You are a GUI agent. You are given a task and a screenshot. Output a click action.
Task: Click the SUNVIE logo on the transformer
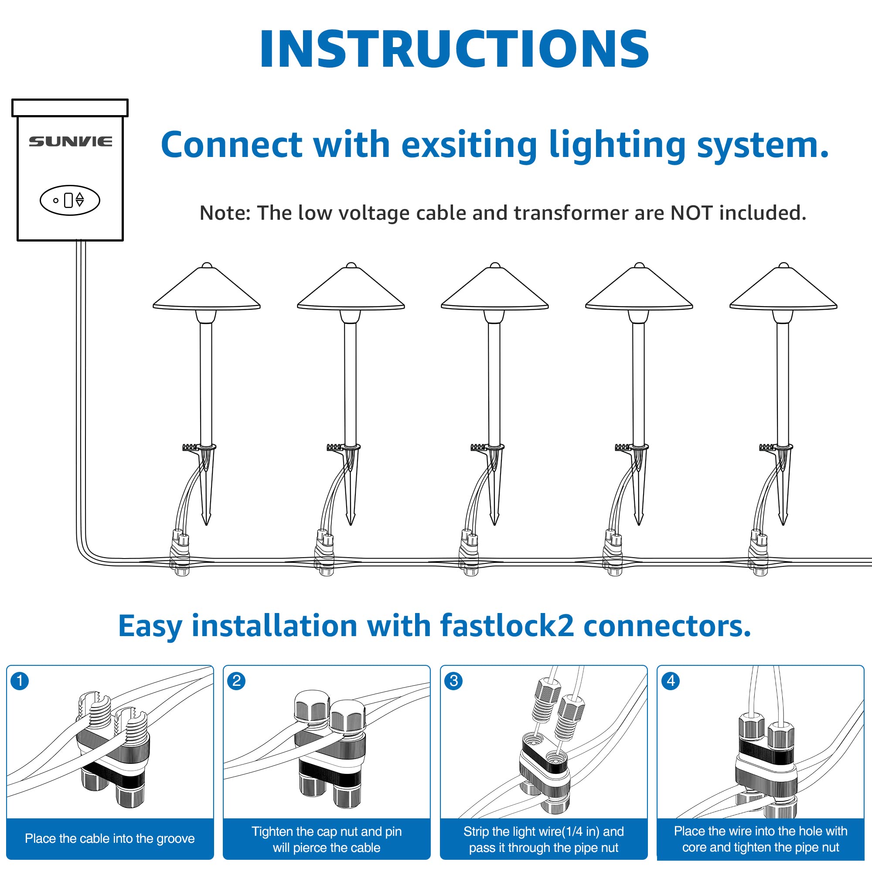pyautogui.click(x=70, y=142)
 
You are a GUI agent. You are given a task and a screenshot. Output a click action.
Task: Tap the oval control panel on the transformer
pyautogui.click(x=70, y=200)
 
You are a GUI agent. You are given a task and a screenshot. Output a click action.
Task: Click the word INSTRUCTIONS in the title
pyautogui.click(x=454, y=49)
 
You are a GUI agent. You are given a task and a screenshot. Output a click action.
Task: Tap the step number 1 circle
pyautogui.click(x=20, y=681)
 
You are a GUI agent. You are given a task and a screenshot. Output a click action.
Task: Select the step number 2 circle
pyautogui.click(x=236, y=681)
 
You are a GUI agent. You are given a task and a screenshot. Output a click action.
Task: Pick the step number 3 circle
pyautogui.click(x=453, y=681)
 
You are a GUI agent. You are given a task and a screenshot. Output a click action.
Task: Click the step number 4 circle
pyautogui.click(x=671, y=681)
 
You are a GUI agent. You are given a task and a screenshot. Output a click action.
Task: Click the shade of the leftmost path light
pyautogui.click(x=207, y=286)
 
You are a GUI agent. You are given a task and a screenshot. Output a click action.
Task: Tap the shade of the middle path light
pyautogui.click(x=495, y=286)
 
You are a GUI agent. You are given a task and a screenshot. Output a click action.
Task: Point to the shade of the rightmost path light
pyautogui.click(x=783, y=286)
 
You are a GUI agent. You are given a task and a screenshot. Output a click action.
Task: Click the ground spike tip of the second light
pyautogui.click(x=351, y=525)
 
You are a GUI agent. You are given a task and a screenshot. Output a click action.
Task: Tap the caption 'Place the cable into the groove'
pyautogui.click(x=110, y=838)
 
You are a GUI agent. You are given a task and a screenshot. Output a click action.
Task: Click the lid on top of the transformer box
pyautogui.click(x=70, y=108)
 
